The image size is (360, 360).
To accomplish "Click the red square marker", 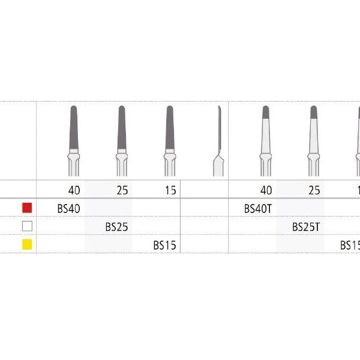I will click(x=26, y=208).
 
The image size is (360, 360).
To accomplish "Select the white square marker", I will click(x=26, y=226).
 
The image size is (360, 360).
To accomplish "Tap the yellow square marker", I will click(x=26, y=244).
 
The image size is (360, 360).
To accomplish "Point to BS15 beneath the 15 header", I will click(x=164, y=245).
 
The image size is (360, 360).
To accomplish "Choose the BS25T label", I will click(x=306, y=227).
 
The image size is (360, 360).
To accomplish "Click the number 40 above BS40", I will click(x=74, y=191).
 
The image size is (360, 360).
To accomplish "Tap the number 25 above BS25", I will click(x=122, y=191).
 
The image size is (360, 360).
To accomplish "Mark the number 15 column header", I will click(x=170, y=191).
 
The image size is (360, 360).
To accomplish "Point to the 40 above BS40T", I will click(x=266, y=191).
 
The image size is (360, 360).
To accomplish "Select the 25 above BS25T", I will click(x=314, y=191).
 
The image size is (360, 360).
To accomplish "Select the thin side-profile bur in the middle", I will click(x=218, y=138).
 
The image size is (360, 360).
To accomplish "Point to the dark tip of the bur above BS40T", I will click(x=265, y=111).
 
